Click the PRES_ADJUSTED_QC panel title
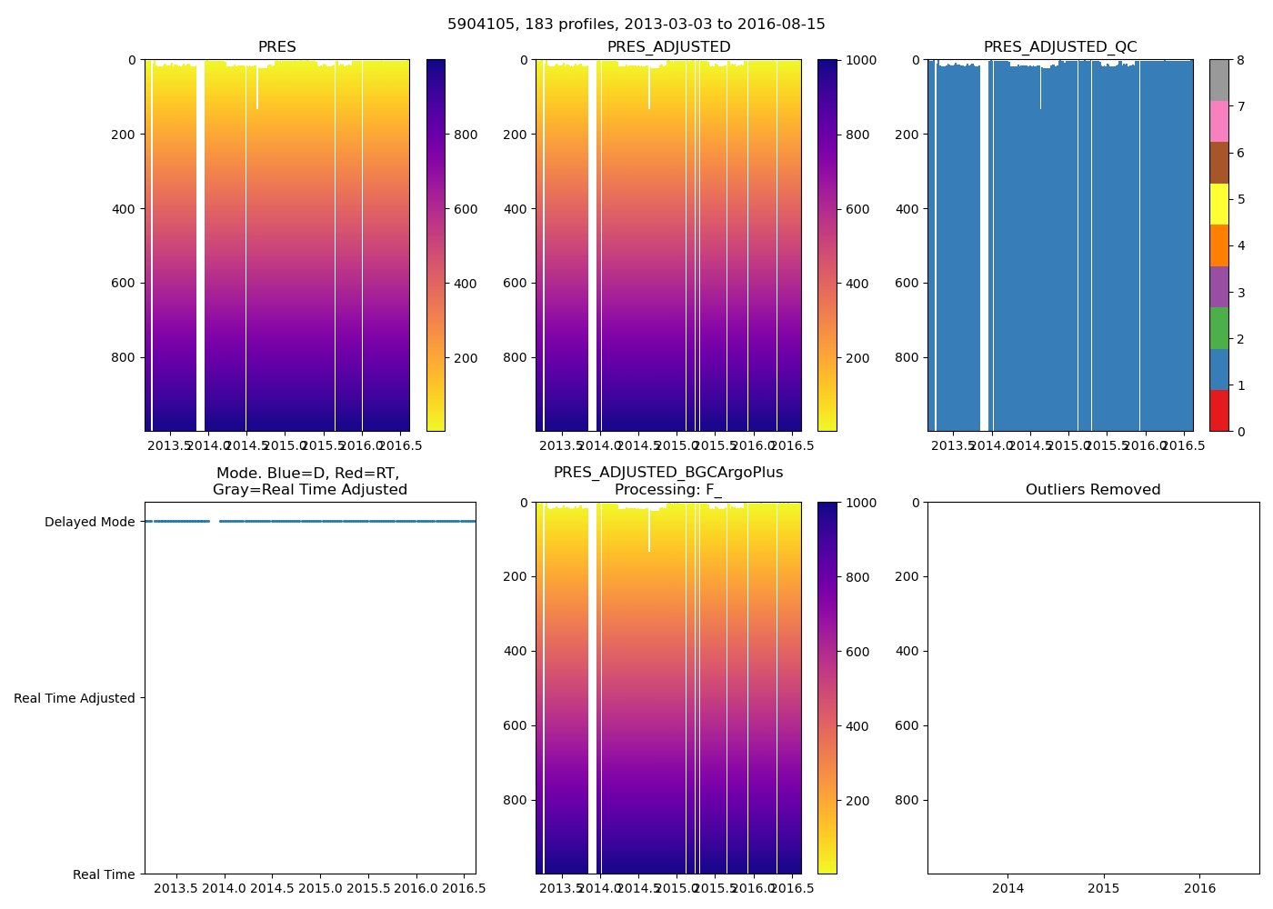(1060, 47)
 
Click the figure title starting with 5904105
(636, 25)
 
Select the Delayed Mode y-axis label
(89, 522)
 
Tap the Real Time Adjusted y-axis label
(75, 698)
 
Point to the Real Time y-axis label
(104, 874)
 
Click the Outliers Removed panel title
(1093, 490)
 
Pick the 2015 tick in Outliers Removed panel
(1104, 888)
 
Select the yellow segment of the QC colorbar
(1219, 205)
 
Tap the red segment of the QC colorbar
(1219, 411)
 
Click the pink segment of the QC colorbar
(1219, 122)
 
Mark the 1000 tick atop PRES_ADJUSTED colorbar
(859, 60)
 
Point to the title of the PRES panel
(276, 47)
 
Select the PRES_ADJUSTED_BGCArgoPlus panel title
(668, 481)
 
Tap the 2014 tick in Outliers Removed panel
(1007, 888)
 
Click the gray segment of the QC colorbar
(1219, 80)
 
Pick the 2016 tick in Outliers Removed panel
(1200, 888)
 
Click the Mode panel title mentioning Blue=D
(309, 481)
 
